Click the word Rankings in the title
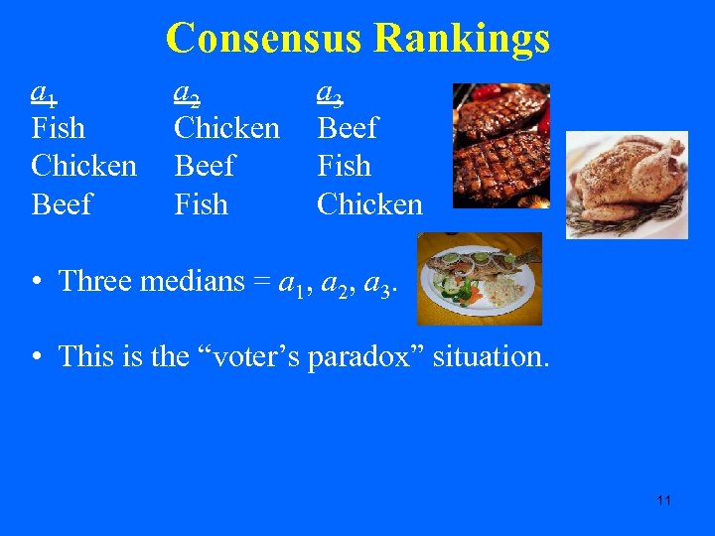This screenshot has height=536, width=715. pyautogui.click(x=462, y=39)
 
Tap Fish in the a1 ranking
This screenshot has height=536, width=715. pyautogui.click(x=59, y=128)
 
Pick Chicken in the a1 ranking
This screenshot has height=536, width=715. pyautogui.click(x=84, y=166)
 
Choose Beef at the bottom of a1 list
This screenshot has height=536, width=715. pyautogui.click(x=62, y=204)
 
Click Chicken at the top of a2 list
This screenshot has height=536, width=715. pyautogui.click(x=226, y=128)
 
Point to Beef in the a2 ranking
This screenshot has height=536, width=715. pyautogui.click(x=205, y=166)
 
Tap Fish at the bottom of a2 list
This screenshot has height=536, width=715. pyautogui.click(x=201, y=204)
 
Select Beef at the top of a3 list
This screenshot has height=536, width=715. pyautogui.click(x=348, y=128)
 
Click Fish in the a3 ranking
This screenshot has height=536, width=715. pyautogui.click(x=344, y=166)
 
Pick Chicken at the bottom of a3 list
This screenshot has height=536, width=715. pyautogui.click(x=369, y=204)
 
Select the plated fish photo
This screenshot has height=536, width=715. pyautogui.click(x=479, y=279)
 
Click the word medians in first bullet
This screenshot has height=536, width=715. pyautogui.click(x=190, y=281)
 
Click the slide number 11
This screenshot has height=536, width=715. pyautogui.click(x=663, y=500)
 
